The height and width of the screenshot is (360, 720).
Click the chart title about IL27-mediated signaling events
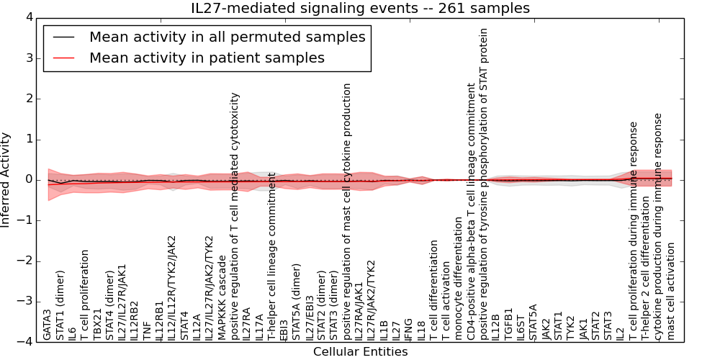tap(360, 8)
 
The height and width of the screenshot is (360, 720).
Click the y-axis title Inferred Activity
tap(6, 179)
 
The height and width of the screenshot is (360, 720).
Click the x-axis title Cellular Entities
tap(360, 352)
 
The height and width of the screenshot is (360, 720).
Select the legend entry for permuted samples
tap(227, 37)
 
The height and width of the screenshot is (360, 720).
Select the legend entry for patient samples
tap(207, 58)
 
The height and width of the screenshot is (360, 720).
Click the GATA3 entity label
tap(48, 324)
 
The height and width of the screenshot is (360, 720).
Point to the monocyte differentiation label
tap(459, 282)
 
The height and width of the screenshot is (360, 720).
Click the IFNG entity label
tap(409, 328)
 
